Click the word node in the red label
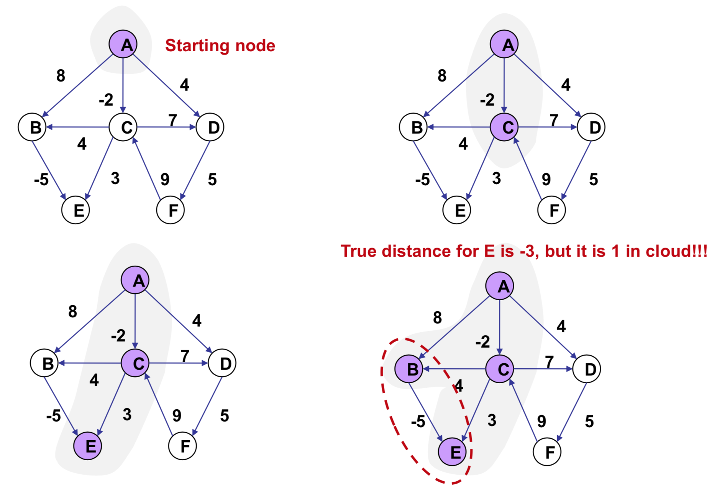point(255,46)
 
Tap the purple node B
point(409,369)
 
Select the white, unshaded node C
point(123,127)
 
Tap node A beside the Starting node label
point(123,44)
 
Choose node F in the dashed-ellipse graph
point(547,452)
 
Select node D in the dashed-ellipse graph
point(587,369)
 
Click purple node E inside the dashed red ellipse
point(453,452)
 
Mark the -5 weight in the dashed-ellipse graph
point(418,422)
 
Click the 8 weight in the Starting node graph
point(61,76)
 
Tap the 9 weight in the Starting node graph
point(165,179)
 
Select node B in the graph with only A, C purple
point(413,127)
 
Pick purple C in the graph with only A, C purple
point(504,127)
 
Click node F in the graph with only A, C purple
point(551,210)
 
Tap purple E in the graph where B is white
point(88,446)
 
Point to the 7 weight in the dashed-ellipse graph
point(550,362)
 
